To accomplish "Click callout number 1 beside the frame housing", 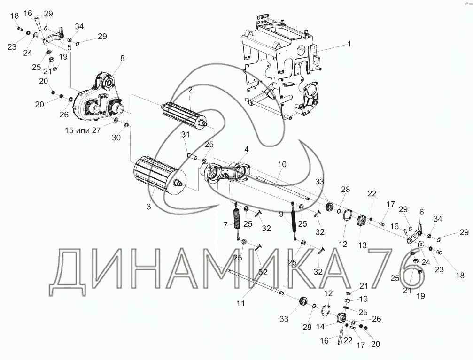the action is pyautogui.click(x=349, y=44).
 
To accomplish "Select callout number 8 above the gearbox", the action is pyautogui.click(x=122, y=58).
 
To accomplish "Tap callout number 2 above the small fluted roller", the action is pyautogui.click(x=190, y=90).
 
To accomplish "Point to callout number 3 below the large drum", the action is pyautogui.click(x=148, y=207).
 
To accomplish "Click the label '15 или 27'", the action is pyautogui.click(x=83, y=130).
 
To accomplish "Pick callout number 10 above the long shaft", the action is pyautogui.click(x=282, y=164).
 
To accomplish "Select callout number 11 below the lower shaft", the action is pyautogui.click(x=240, y=303).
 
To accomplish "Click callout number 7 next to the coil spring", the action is pyautogui.click(x=225, y=225).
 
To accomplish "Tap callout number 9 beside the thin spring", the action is pyautogui.click(x=281, y=214).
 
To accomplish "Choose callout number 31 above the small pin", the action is pyautogui.click(x=185, y=135).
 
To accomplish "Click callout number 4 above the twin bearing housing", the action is pyautogui.click(x=247, y=149).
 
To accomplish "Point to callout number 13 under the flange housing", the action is pyautogui.click(x=362, y=245).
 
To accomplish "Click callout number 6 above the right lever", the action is pyautogui.click(x=421, y=212).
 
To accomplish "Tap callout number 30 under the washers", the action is pyautogui.click(x=116, y=138).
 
